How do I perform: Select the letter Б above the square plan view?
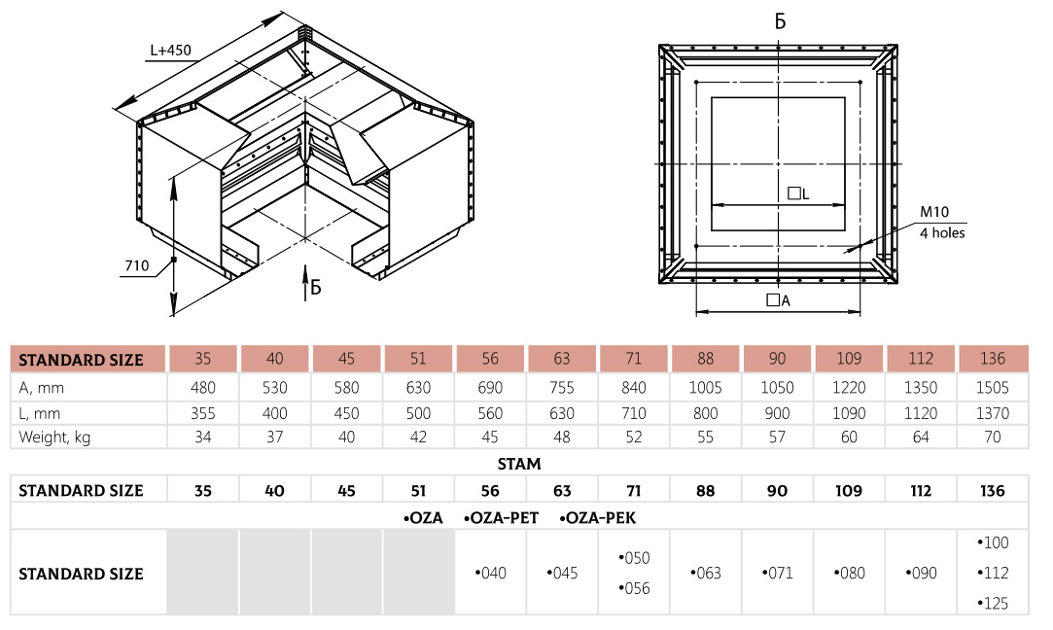tap(780, 21)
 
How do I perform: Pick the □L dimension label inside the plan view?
tap(798, 193)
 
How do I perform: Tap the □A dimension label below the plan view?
tap(778, 300)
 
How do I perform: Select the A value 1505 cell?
tap(993, 387)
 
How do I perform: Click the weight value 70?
tap(993, 437)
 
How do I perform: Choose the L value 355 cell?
tap(202, 412)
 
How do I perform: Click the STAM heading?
tap(519, 464)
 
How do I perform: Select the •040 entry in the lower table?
tap(490, 574)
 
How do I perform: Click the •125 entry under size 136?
tap(993, 603)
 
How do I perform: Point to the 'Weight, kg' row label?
tap(54, 437)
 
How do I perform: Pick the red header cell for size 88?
tap(706, 358)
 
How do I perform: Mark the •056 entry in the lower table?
tap(634, 588)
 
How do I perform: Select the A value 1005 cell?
tap(706, 387)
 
